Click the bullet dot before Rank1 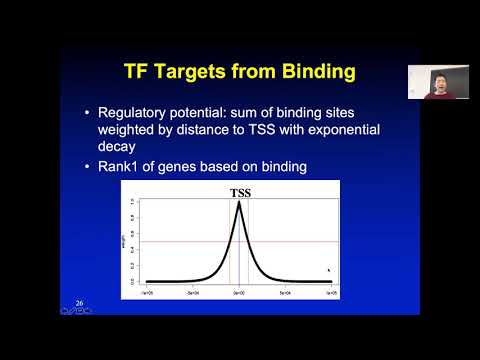coord(90,165)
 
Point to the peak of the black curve coord(240,203)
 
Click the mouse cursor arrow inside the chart coord(328,269)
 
